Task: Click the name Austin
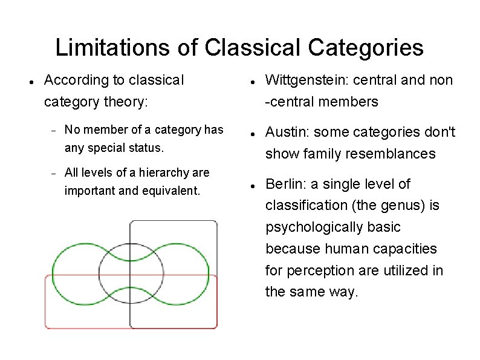coord(285,132)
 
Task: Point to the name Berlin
coord(284,184)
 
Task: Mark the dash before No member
coord(53,130)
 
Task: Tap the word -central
coord(288,102)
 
